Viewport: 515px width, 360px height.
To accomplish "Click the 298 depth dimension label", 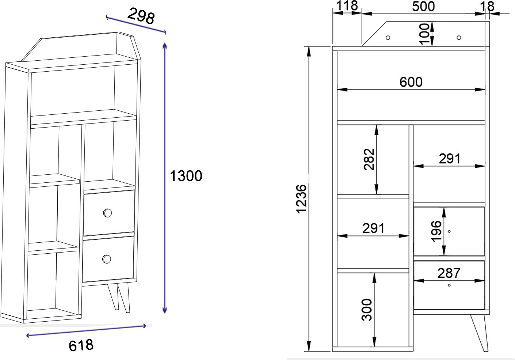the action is tap(141, 16).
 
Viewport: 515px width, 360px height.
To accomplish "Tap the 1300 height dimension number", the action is tap(186, 176).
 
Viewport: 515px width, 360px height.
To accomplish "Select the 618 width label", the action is tap(81, 345).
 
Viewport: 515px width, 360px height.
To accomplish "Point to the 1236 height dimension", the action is tap(302, 199).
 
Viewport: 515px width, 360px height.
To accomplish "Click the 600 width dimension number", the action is tap(411, 82).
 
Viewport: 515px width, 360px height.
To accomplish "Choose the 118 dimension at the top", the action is tap(347, 5).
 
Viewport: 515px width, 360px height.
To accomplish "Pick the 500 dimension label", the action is tap(423, 6).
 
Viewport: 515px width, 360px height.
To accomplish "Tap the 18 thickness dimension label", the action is tap(487, 6).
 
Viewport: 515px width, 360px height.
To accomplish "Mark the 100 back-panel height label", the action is tap(424, 34).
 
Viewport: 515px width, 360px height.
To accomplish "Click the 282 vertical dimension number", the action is tap(369, 159).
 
